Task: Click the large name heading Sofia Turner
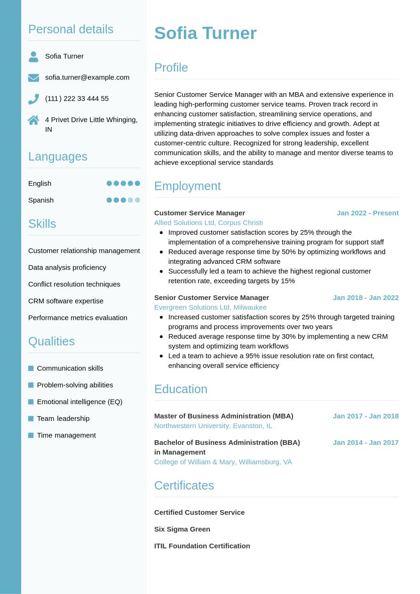205,33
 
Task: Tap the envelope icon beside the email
33,78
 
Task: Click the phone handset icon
33,99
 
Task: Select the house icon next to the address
33,120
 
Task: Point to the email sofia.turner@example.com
87,77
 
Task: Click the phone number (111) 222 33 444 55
77,98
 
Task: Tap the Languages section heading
58,156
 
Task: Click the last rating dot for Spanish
137,200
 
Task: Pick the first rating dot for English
109,183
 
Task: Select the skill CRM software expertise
66,301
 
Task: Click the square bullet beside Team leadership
31,419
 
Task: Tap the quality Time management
66,435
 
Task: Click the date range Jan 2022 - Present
367,213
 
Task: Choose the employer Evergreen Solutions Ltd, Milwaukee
210,307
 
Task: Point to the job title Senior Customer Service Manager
212,297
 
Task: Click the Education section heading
181,389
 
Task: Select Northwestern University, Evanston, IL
213,426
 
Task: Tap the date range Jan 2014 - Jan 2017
365,442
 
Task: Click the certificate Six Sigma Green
182,529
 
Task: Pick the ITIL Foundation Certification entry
202,546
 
